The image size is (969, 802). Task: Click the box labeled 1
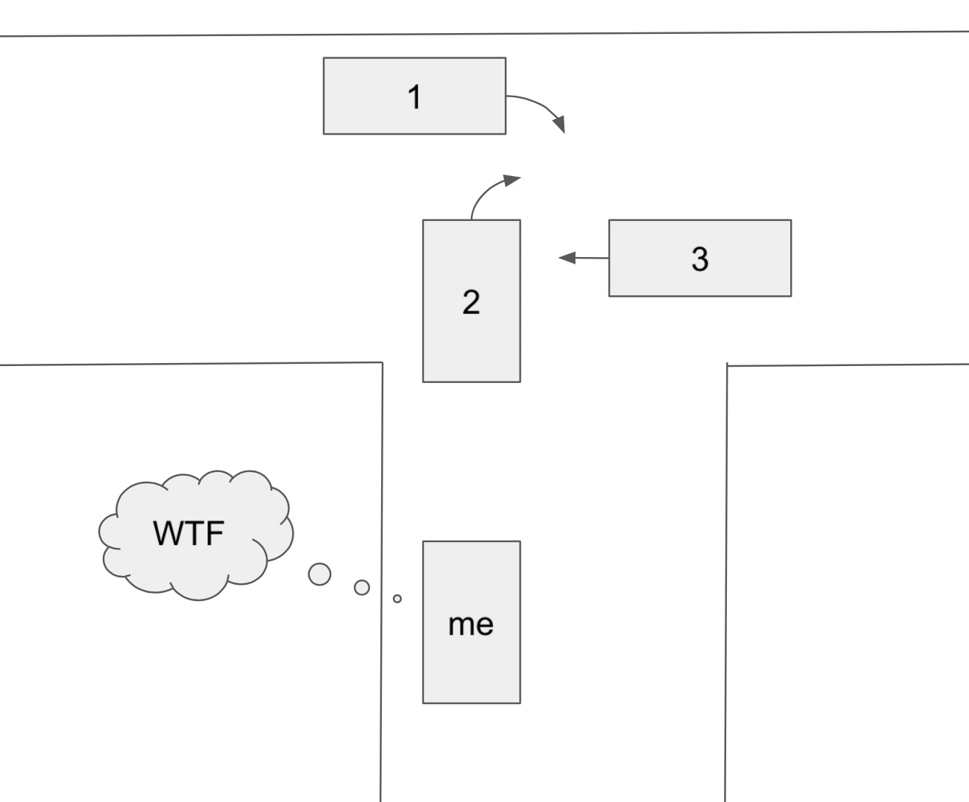pos(414,96)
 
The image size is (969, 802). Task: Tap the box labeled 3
pos(700,258)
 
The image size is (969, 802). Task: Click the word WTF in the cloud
pos(188,533)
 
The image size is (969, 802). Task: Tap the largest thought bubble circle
pos(319,574)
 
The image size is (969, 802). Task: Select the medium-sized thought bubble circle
pos(361,587)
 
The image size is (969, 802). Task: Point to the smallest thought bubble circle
pos(397,599)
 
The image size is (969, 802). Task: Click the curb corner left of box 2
pos(382,362)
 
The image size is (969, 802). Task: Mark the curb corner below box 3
pos(727,365)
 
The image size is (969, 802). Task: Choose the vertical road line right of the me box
pos(726,589)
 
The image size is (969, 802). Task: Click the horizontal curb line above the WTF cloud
pos(184,364)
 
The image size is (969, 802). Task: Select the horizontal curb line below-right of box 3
pos(846,365)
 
